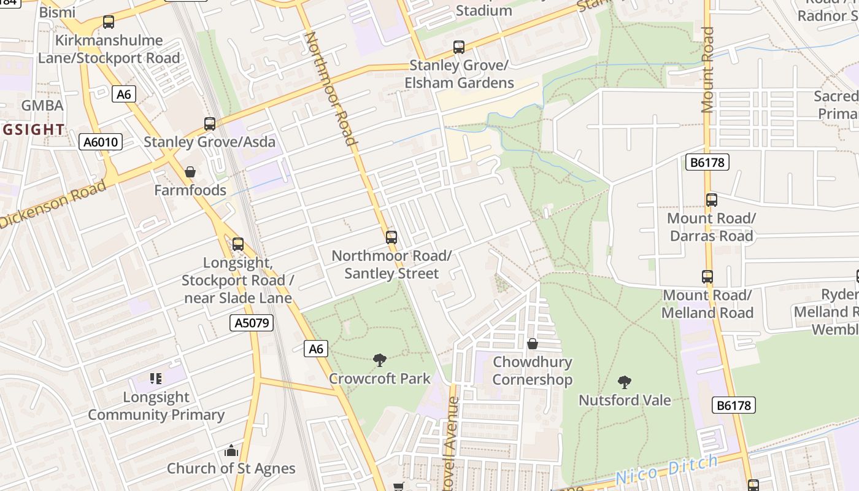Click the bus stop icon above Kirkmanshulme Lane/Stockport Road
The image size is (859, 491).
coord(109,22)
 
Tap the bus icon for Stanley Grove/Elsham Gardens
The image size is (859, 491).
coord(458,47)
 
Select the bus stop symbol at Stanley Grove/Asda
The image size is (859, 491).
coord(210,124)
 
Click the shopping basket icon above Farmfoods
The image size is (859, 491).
coord(190,172)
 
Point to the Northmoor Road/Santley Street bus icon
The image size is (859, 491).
coord(391,237)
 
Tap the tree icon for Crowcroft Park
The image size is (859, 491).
coord(380,360)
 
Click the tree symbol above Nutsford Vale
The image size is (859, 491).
coord(625,382)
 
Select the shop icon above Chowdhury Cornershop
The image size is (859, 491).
coord(533,344)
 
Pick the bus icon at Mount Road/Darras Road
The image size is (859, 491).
coord(712,200)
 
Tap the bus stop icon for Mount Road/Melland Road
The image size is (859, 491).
coord(707,277)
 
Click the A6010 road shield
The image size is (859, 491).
coord(101,142)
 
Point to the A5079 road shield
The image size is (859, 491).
coord(252,323)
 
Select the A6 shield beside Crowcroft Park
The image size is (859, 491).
coord(315,349)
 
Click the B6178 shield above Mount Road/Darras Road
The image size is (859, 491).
coord(707,162)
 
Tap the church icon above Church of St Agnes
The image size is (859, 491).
coord(231,451)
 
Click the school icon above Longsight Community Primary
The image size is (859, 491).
coord(156,379)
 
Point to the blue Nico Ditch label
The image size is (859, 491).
coord(666,470)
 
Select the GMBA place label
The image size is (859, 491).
coord(42,106)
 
